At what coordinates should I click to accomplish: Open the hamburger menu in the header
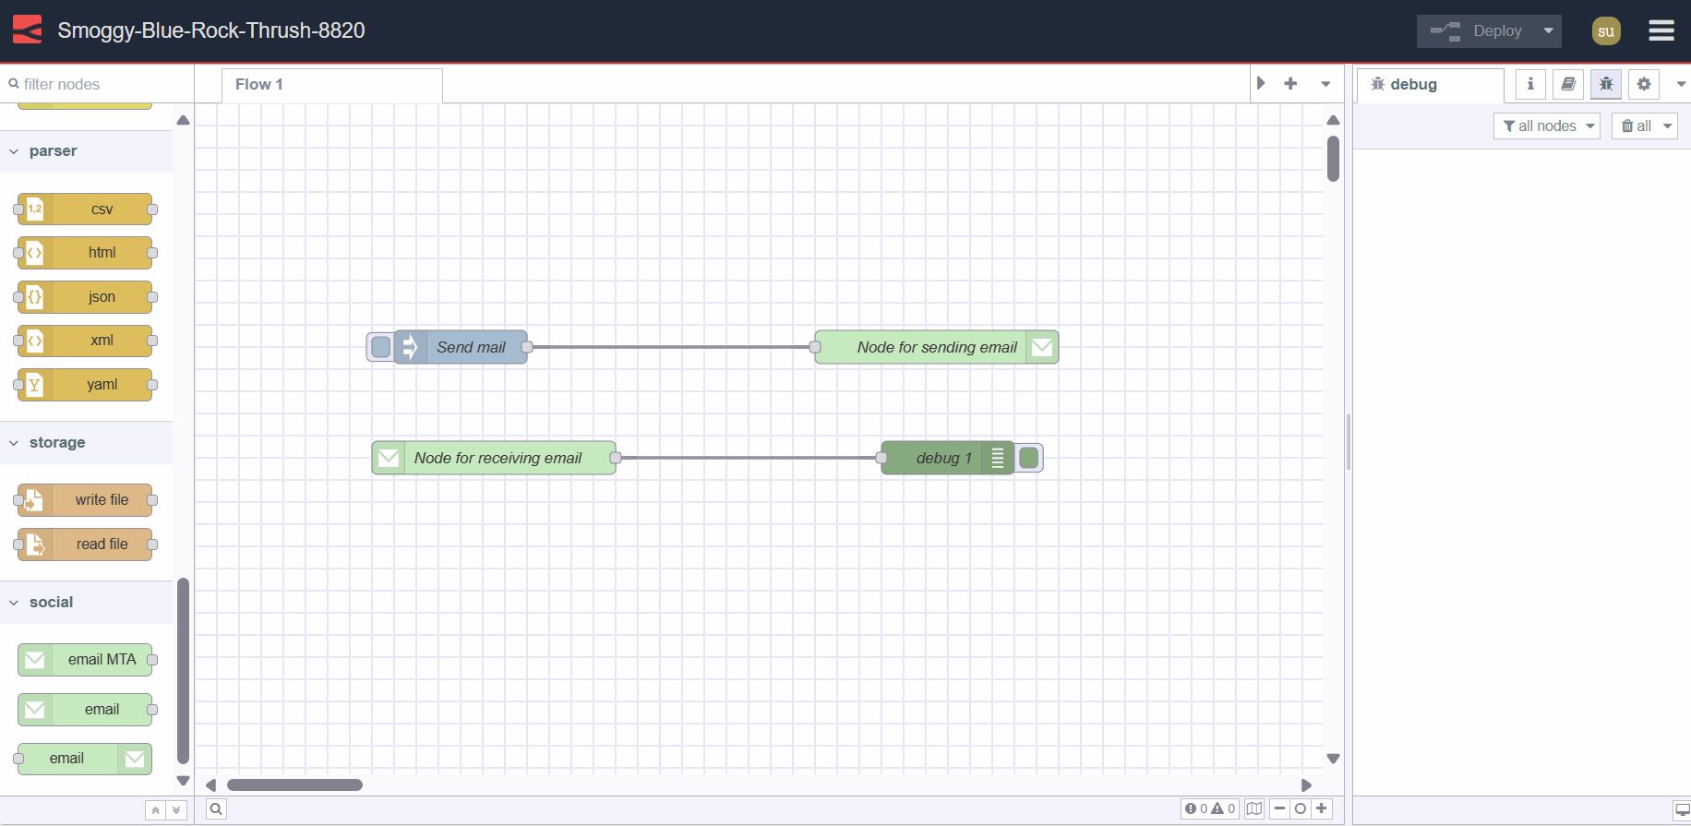coord(1661,30)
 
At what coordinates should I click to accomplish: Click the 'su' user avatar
coord(1606,30)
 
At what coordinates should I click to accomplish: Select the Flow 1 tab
coord(259,84)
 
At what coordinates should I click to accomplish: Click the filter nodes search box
coord(97,84)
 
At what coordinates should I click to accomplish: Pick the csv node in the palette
coord(102,209)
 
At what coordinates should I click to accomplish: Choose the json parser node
coord(102,297)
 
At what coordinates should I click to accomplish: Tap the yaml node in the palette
coord(102,385)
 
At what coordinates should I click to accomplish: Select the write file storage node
coord(102,500)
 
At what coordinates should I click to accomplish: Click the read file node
coord(102,545)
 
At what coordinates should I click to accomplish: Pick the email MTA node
coord(102,660)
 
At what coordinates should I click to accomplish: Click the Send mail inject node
coord(471,347)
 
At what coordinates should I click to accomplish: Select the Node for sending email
coord(936,347)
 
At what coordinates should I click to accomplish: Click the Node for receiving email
coord(498,458)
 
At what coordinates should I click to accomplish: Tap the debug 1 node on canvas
coord(943,458)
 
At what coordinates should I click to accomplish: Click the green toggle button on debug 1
coord(1029,458)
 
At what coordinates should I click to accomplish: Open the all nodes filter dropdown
coord(1547,126)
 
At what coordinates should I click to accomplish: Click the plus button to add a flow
coord(1290,84)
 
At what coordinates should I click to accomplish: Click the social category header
coord(51,603)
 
